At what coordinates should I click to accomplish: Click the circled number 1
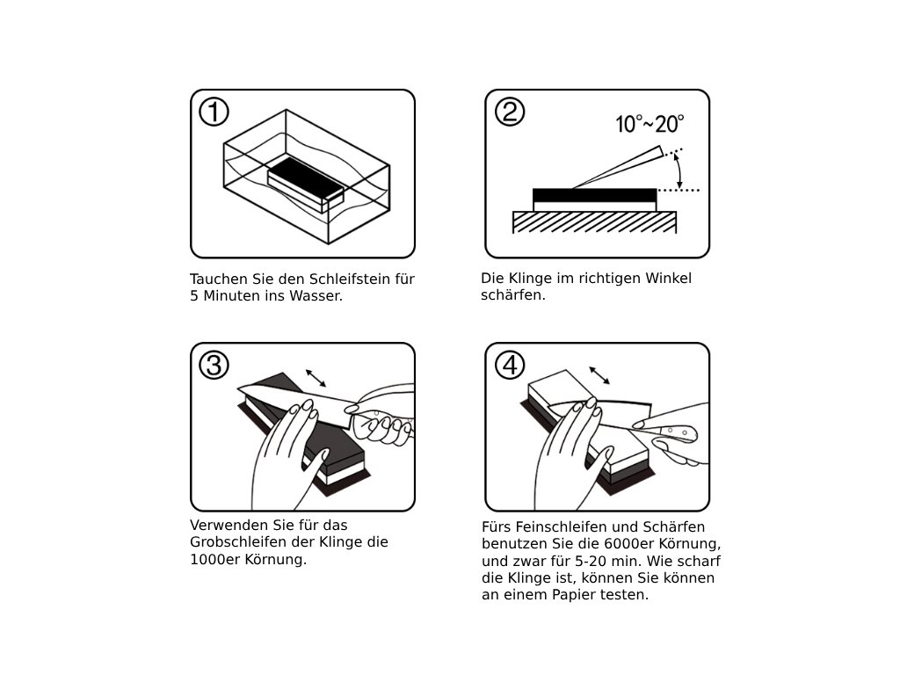214,112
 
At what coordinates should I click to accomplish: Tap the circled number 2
510,112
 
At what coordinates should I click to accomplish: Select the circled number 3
214,365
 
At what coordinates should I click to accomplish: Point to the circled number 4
510,365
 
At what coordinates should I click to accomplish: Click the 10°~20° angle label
650,124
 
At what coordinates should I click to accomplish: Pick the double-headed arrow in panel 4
601,375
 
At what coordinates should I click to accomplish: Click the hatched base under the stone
594,221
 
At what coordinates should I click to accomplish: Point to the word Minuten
231,296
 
